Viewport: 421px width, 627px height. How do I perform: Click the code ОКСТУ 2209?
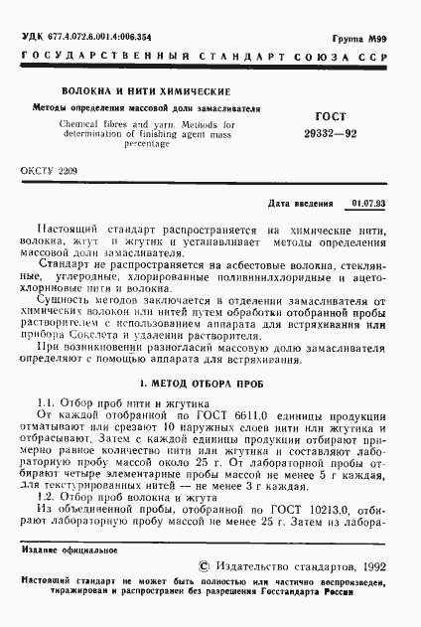(49, 171)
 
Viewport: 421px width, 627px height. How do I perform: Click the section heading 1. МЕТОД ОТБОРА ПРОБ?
(210, 381)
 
